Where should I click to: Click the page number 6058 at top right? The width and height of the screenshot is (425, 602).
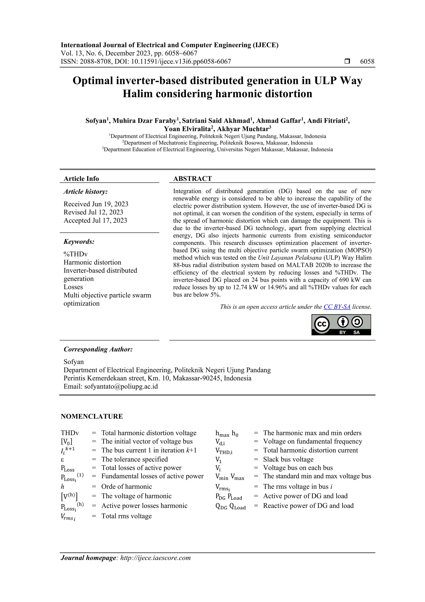tap(367, 62)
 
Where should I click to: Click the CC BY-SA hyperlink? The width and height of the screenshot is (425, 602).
tap(337, 307)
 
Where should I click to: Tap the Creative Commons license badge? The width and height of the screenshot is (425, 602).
tap(341, 325)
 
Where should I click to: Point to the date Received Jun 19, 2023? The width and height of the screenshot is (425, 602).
tap(96, 204)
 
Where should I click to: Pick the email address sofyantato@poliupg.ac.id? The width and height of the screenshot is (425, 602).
tap(121, 387)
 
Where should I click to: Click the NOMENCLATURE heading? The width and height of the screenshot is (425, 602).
tap(92, 416)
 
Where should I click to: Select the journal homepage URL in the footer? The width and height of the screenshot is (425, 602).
tap(155, 558)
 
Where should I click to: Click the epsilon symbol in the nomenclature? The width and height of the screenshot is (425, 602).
tap(63, 460)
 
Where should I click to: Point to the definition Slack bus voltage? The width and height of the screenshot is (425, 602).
tap(288, 459)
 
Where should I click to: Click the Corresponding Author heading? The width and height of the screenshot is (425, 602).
tap(98, 349)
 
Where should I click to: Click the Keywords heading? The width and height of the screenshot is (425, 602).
tap(79, 241)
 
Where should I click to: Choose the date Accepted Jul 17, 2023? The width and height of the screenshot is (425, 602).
tap(95, 220)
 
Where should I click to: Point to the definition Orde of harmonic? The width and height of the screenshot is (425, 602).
tap(126, 487)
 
